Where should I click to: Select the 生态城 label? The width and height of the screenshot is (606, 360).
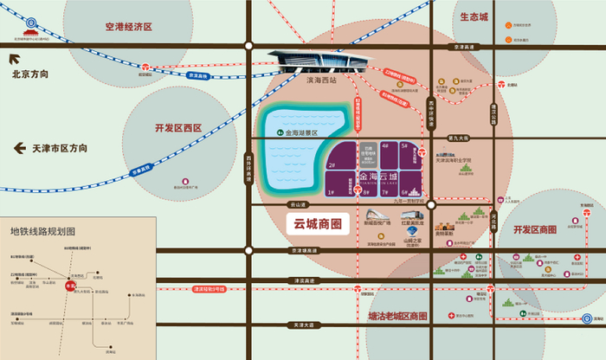click(474, 16)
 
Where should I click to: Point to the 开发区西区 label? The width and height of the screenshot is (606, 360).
click(177, 128)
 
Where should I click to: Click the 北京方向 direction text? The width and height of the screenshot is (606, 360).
click(30, 74)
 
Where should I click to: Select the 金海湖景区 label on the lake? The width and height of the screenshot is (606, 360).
click(298, 133)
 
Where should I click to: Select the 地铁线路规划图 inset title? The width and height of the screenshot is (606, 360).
click(42, 231)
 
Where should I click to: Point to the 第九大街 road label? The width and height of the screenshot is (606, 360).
click(458, 137)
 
